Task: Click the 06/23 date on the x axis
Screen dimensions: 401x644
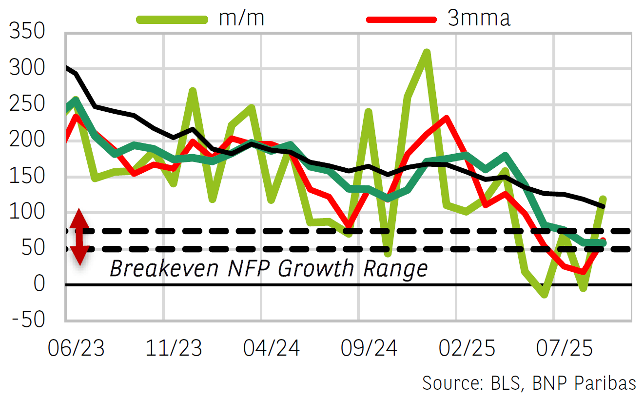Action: point(76,349)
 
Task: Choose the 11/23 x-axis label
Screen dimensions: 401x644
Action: point(174,349)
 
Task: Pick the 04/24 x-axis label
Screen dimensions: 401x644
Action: point(272,349)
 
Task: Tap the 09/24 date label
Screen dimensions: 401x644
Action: point(369,349)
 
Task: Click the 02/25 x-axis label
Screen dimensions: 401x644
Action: point(467,349)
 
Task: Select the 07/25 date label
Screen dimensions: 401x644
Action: point(564,349)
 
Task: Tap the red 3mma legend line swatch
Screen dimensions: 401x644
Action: point(400,19)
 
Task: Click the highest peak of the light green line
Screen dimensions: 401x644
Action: point(427,52)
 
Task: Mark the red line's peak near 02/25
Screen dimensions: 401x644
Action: point(446,118)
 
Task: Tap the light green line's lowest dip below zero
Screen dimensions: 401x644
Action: point(544,295)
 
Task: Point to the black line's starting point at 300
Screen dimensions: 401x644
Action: point(66,67)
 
